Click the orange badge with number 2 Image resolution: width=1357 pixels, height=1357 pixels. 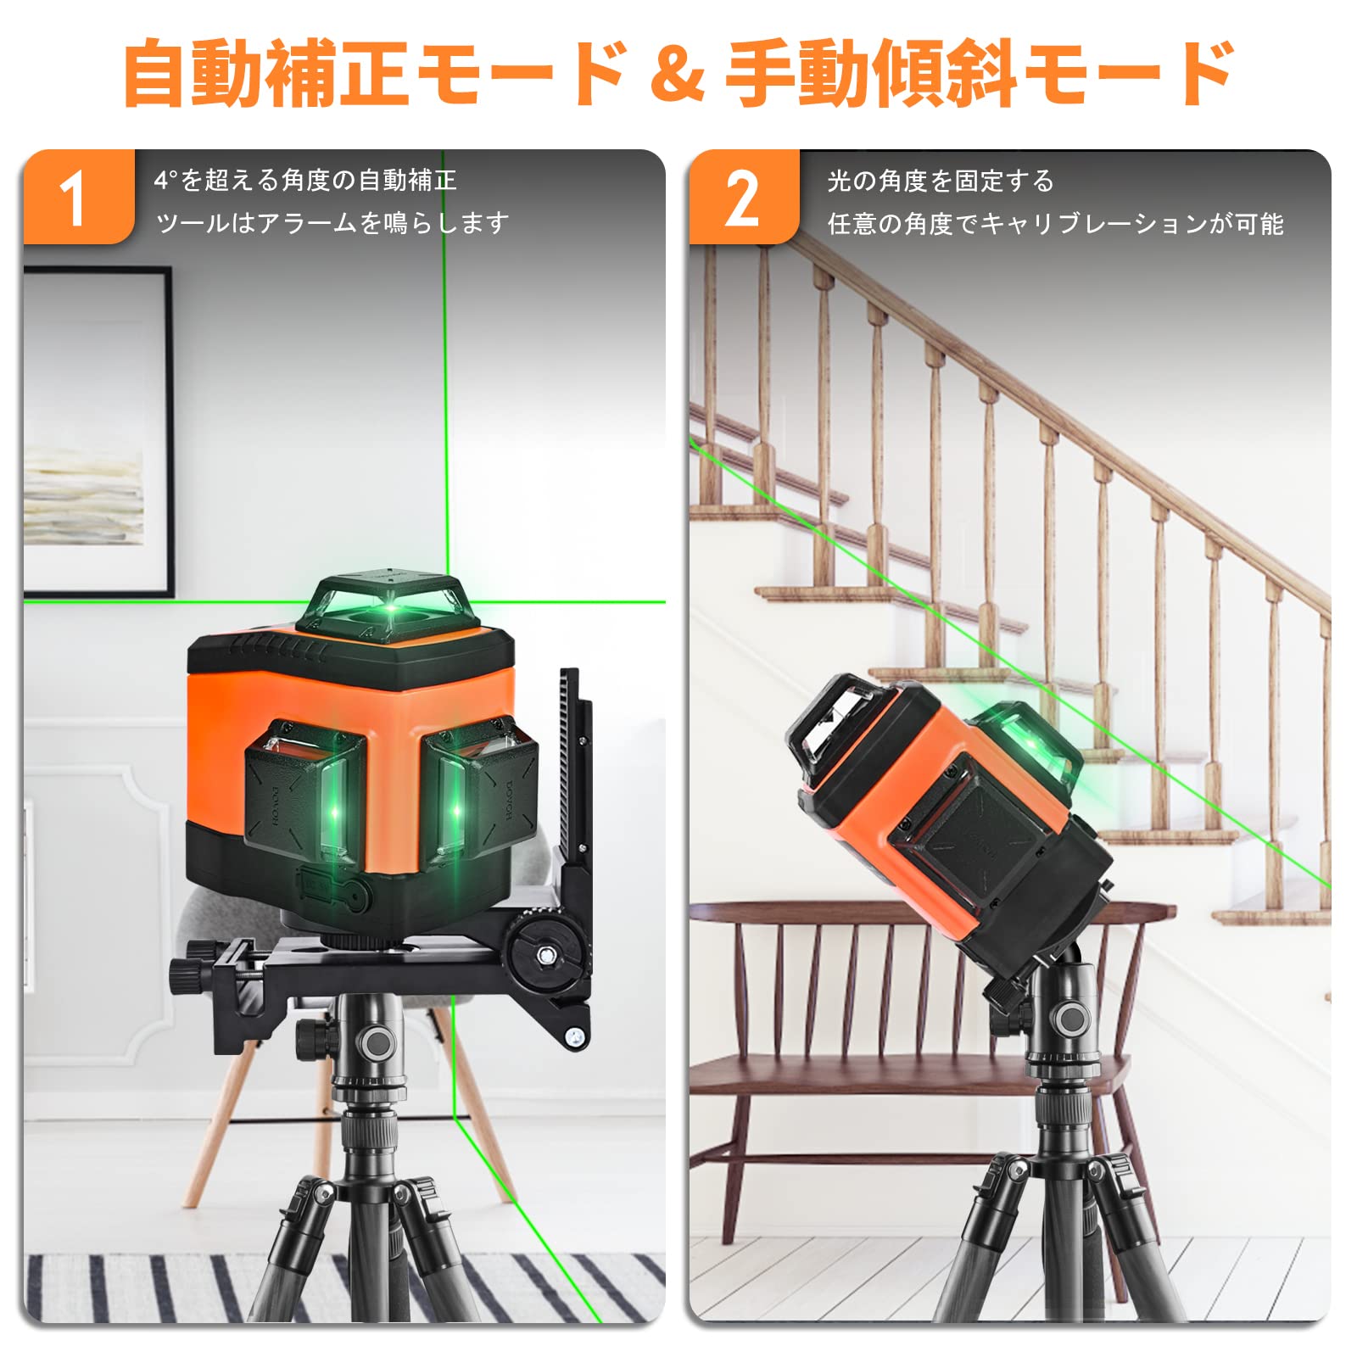pos(743,198)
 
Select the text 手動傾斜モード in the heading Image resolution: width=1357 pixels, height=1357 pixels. pos(980,74)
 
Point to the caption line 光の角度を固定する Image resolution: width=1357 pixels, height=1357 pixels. pos(941,181)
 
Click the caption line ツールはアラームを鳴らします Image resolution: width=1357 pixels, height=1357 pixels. pos(332,223)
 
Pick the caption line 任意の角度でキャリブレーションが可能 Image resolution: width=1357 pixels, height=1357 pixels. pos(1055,224)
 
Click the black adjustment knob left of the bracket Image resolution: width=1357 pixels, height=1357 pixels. pos(185,974)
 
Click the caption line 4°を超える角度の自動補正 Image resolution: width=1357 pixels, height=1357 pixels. pos(305,180)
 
